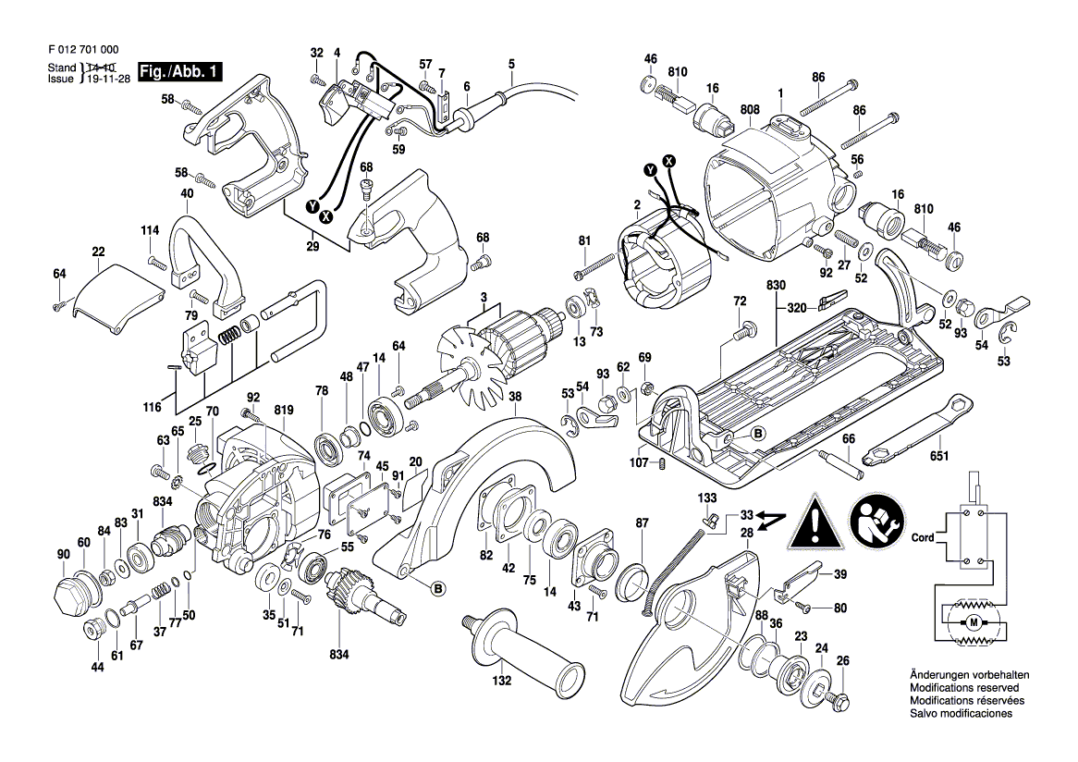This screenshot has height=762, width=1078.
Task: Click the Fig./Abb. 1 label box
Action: point(179,72)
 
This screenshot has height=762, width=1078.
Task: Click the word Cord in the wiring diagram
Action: point(922,537)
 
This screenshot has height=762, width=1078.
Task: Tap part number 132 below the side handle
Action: point(501,681)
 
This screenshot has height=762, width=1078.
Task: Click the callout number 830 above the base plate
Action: point(775,288)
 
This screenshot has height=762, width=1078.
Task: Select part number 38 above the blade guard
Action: point(515,398)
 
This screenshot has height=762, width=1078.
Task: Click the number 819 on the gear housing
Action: point(284,410)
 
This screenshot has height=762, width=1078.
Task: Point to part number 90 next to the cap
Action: point(63,554)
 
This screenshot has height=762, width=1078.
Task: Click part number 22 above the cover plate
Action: point(99,252)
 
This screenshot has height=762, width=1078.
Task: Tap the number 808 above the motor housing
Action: point(749,109)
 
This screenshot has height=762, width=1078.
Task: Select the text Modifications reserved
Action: point(964,688)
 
